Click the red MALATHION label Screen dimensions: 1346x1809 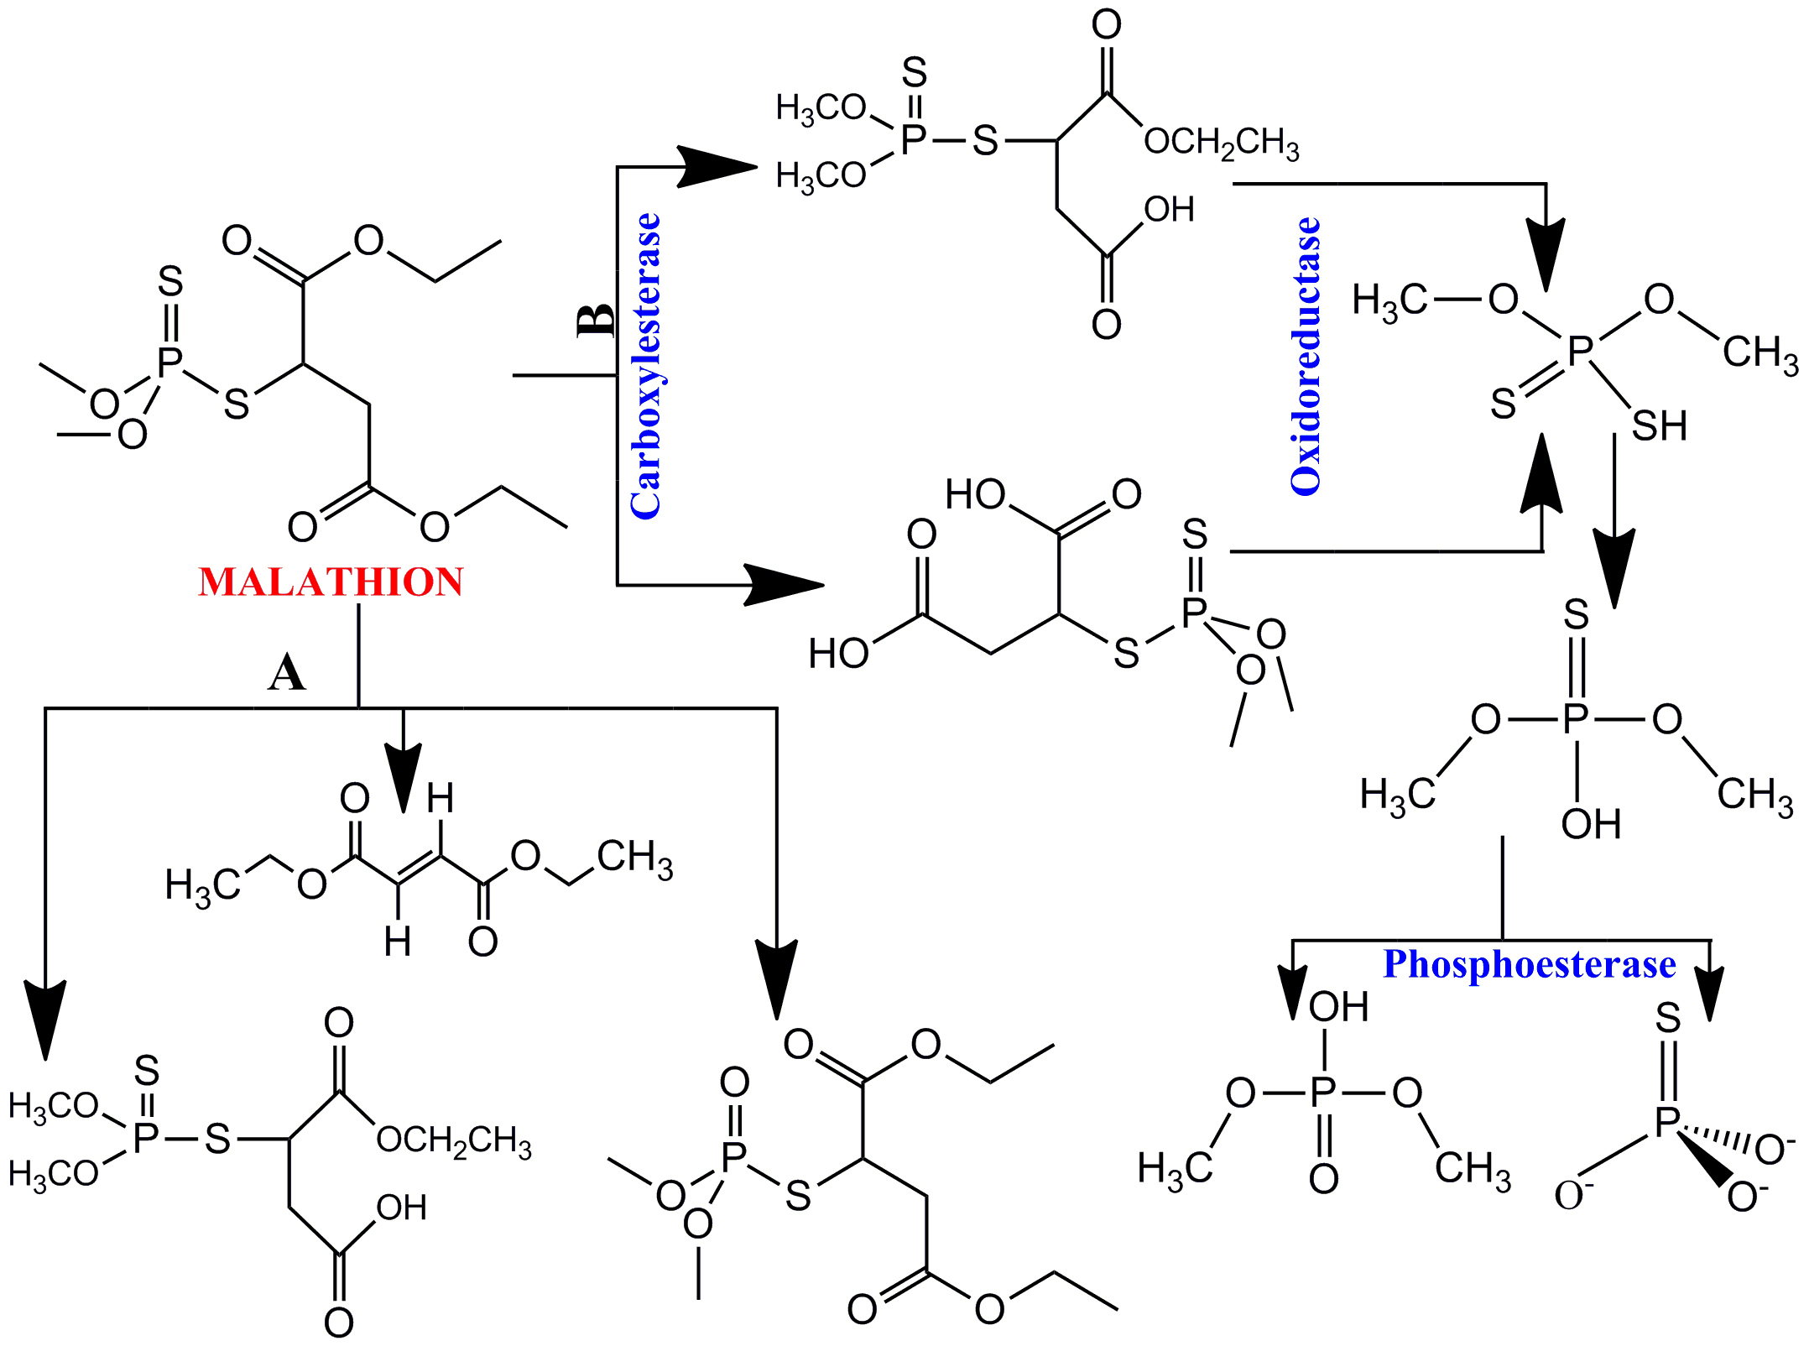(331, 582)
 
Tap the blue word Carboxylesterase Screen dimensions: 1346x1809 (645, 367)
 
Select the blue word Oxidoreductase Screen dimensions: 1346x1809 (1306, 357)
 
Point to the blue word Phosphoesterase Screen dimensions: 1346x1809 (1529, 964)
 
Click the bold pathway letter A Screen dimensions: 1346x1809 (287, 673)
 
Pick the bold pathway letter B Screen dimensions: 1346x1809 (597, 320)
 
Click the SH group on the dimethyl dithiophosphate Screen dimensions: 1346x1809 (1659, 426)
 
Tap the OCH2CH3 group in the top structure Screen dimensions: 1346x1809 (1221, 143)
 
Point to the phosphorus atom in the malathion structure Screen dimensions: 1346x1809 (170, 363)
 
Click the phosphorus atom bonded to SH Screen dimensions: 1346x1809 (1580, 352)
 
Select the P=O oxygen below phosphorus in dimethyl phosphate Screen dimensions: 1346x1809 (1323, 1179)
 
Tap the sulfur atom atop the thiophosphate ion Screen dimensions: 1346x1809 (1668, 1019)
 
